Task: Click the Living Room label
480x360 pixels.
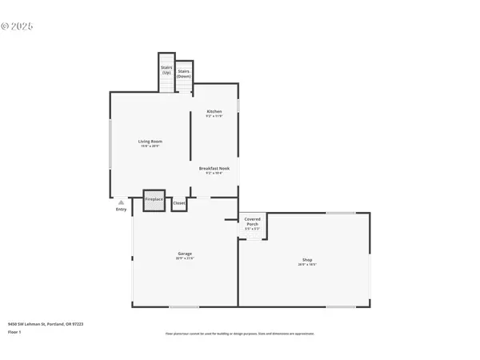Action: click(150, 142)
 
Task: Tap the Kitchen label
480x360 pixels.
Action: click(214, 111)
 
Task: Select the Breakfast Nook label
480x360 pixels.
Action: click(214, 168)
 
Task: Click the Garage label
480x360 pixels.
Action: click(185, 254)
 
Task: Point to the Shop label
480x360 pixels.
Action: click(306, 259)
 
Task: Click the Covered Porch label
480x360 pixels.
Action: click(252, 221)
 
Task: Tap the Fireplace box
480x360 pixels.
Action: click(154, 201)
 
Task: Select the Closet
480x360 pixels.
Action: click(179, 203)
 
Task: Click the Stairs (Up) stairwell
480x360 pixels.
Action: click(166, 72)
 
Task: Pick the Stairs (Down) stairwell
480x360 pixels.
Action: click(184, 74)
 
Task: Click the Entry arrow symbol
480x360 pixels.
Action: click(121, 203)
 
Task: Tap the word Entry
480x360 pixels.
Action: click(121, 210)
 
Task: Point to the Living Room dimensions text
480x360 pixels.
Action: click(150, 146)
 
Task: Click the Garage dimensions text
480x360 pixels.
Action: click(185, 258)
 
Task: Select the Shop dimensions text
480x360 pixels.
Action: click(306, 264)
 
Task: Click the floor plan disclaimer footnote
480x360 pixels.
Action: click(239, 333)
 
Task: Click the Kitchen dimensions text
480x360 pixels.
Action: click(214, 116)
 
